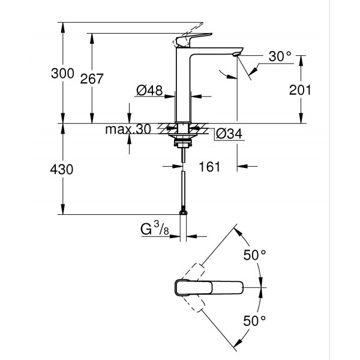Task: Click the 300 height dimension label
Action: point(62,74)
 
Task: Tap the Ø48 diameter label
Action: point(149,90)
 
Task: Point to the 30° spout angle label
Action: point(280,57)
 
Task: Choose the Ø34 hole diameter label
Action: point(228,133)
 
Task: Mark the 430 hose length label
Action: point(62,170)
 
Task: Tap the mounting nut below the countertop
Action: point(182,143)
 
